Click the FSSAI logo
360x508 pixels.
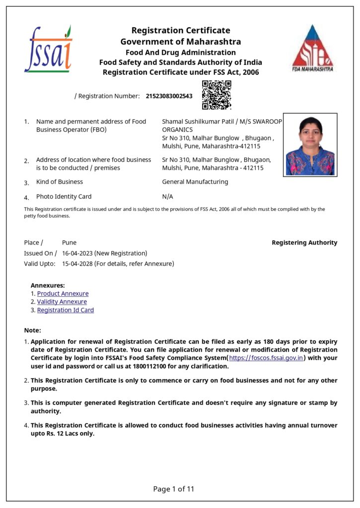(48, 49)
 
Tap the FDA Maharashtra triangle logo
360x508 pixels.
(312, 48)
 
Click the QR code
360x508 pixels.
(216, 95)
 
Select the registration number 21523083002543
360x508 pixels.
(169, 96)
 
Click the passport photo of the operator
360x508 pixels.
(310, 145)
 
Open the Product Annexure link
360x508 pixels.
(63, 294)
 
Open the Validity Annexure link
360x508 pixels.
(62, 302)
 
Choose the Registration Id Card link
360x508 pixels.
(65, 310)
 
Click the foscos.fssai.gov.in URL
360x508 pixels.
(266, 358)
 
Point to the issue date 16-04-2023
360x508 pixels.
(78, 253)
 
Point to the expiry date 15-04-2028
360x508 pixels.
(77, 264)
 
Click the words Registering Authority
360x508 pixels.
(304, 243)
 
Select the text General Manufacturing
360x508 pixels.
(195, 182)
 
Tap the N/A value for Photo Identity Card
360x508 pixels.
(167, 196)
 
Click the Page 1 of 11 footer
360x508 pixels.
(174, 489)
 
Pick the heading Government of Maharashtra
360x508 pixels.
(180, 42)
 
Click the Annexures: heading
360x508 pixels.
(48, 285)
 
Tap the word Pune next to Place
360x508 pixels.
(69, 243)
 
